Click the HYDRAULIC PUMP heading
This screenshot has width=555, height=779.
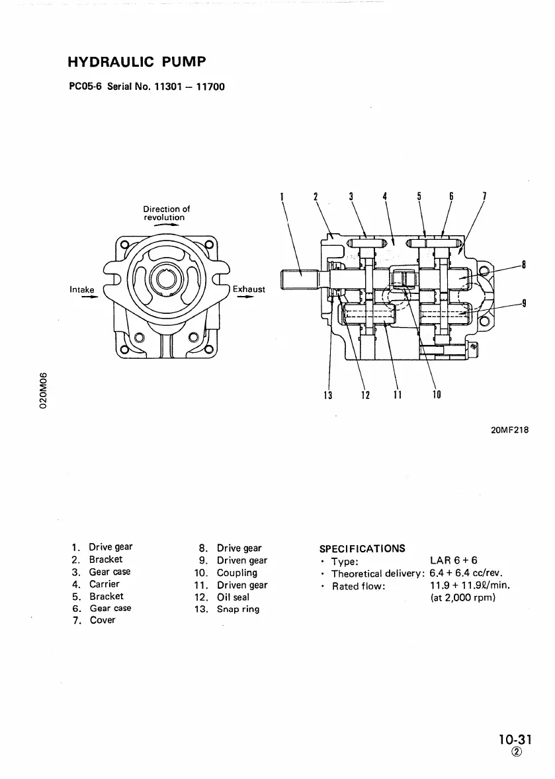[x=136, y=62]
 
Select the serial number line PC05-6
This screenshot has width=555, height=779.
[x=147, y=86]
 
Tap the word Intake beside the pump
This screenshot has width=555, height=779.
[x=82, y=289]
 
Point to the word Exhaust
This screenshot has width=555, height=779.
[x=249, y=289]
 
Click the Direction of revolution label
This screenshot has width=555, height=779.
[x=166, y=213]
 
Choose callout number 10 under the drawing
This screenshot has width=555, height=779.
[x=437, y=396]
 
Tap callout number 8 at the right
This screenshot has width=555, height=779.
[x=524, y=266]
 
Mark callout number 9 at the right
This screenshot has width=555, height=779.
[x=524, y=304]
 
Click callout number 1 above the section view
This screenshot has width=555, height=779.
[x=282, y=196]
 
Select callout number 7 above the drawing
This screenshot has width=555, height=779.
[x=485, y=196]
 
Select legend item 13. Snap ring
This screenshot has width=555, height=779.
[x=228, y=609]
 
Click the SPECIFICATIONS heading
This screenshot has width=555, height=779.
[x=363, y=548]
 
